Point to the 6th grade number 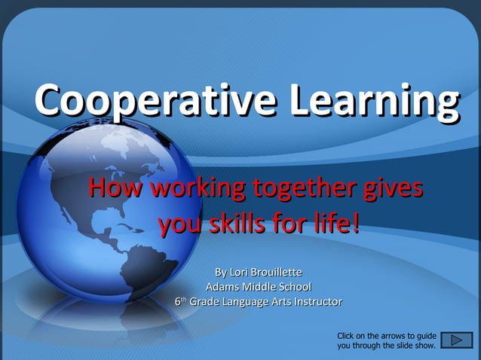coord(179,301)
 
